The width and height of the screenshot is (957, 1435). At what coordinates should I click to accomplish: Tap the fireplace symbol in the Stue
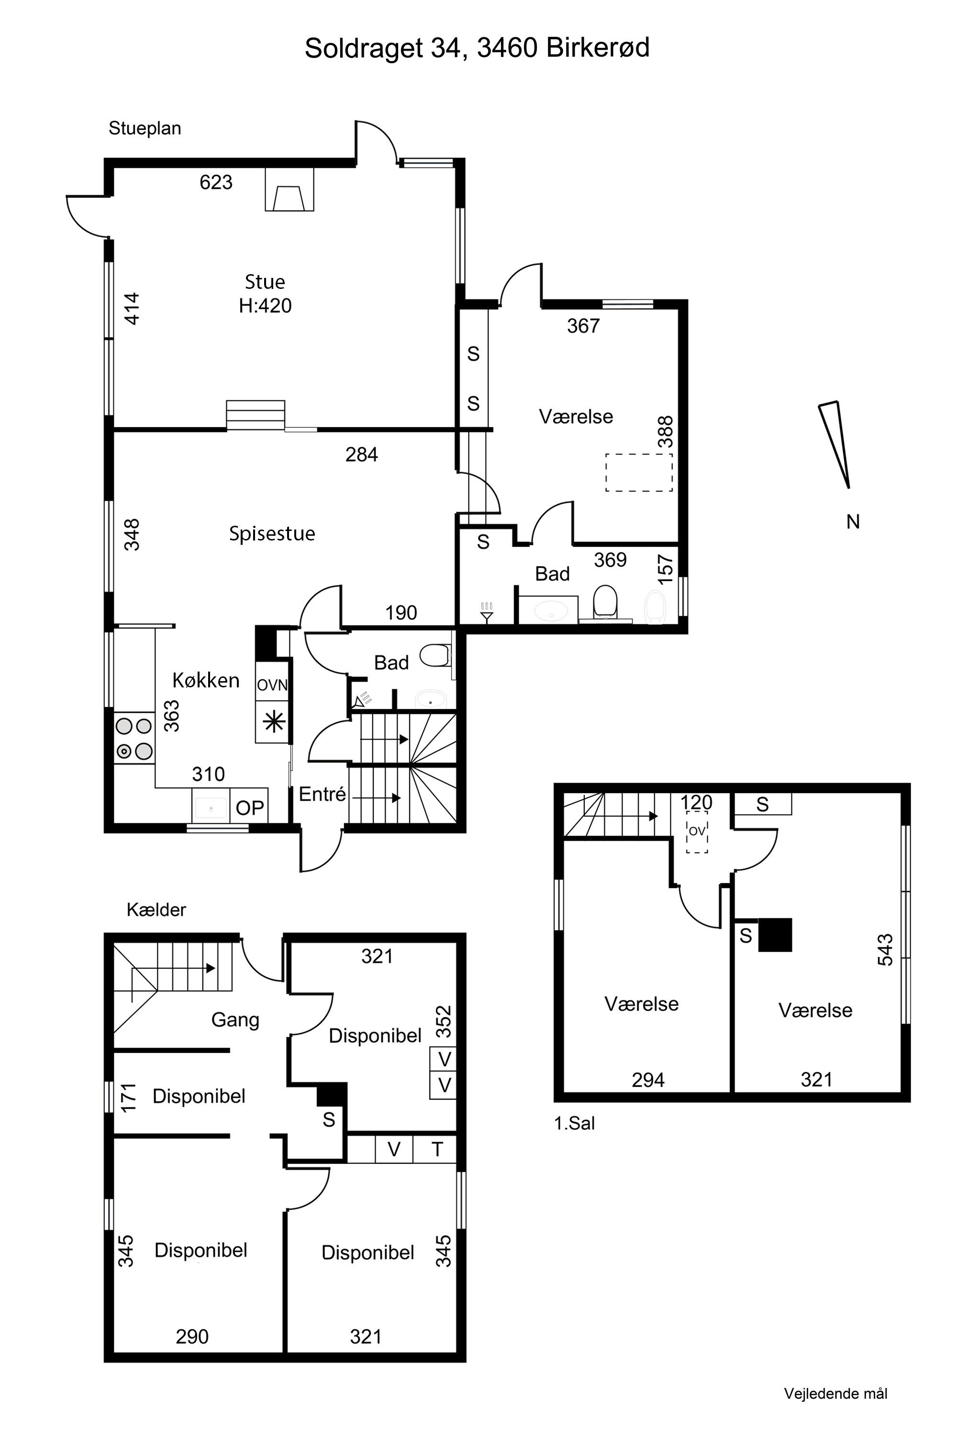point(289,190)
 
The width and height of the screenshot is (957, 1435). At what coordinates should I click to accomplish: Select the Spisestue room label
point(272,534)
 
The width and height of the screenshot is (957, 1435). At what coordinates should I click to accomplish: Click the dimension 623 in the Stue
point(216,182)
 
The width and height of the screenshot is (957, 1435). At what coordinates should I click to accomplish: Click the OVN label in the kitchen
point(272,685)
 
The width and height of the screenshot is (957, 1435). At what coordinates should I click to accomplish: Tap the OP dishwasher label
point(250,808)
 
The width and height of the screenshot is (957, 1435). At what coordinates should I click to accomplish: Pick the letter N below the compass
point(853,522)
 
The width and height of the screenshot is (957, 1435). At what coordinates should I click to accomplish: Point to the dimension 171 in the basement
point(128,1098)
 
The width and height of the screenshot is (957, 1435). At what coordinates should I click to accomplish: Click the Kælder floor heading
point(156,910)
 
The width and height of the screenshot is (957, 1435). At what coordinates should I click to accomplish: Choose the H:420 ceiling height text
point(265,305)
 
